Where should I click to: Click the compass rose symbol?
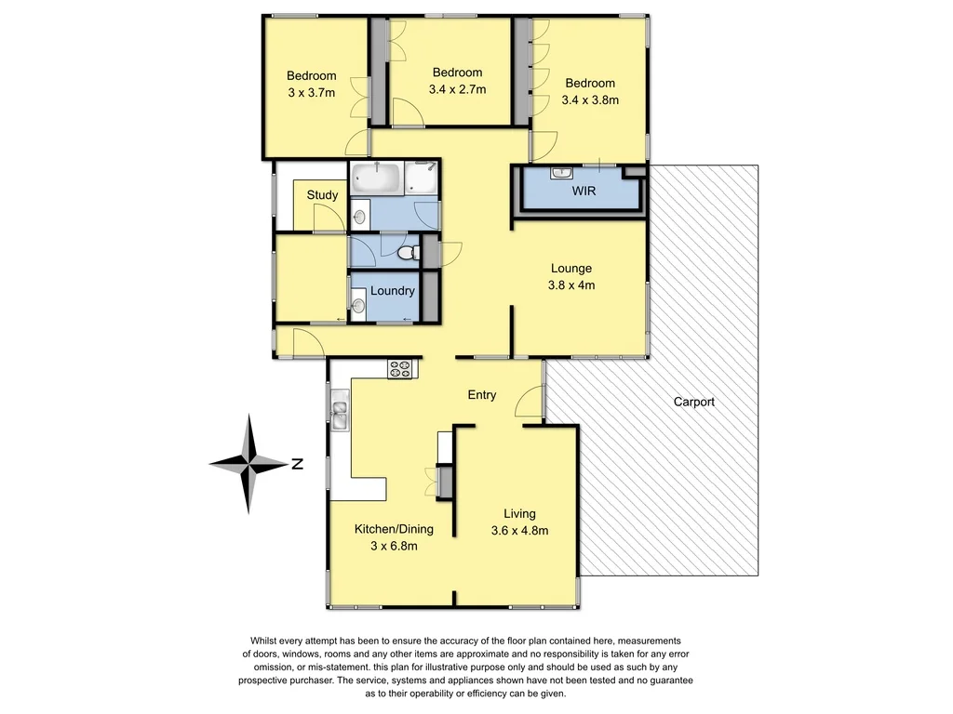[248, 463]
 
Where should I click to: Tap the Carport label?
[694, 402]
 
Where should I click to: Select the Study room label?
[322, 195]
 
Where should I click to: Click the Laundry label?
[392, 291]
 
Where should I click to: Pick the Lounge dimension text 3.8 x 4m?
[584, 285]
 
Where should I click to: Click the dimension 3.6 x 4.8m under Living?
[519, 531]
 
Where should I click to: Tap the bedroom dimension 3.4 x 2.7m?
[457, 89]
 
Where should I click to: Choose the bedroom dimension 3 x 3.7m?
[311, 92]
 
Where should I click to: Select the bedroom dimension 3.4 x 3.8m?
[590, 99]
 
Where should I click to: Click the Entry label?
[481, 395]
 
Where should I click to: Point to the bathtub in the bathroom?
[377, 177]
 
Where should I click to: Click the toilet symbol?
[405, 252]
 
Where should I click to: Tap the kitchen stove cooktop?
[400, 368]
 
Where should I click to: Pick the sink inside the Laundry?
[359, 302]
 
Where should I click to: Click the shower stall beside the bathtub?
[423, 177]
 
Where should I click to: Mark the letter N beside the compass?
[296, 465]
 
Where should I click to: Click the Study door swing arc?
[328, 218]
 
